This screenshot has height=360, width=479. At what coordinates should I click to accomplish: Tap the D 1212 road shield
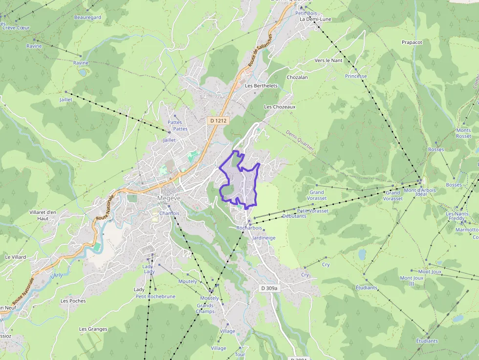pyautogui.click(x=218, y=120)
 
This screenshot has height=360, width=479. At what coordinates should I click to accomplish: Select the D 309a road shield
pyautogui.click(x=269, y=288)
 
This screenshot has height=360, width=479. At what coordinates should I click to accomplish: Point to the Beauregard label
pyautogui.click(x=87, y=18)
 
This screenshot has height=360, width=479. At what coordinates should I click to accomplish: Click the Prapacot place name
pyautogui.click(x=412, y=42)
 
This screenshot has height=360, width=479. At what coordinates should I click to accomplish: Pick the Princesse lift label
pyautogui.click(x=356, y=76)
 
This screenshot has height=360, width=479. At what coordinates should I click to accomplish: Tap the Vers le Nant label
pyautogui.click(x=328, y=61)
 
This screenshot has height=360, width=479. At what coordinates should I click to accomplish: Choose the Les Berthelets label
pyautogui.click(x=261, y=86)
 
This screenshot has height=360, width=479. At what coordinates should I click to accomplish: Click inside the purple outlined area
pyautogui.click(x=239, y=183)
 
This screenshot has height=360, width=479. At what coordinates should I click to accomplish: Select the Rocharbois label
pyautogui.click(x=249, y=228)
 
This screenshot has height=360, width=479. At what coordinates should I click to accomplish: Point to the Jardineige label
pyautogui.click(x=264, y=238)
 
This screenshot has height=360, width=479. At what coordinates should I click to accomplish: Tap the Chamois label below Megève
pyautogui.click(x=170, y=213)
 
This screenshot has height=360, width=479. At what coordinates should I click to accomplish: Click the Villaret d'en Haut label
pyautogui.click(x=43, y=215)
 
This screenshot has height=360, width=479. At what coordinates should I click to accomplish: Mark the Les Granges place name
pyautogui.click(x=93, y=329)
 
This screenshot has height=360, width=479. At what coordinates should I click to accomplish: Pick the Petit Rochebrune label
pyautogui.click(x=155, y=296)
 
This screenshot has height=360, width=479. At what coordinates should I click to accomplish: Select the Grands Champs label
pyautogui.click(x=205, y=309)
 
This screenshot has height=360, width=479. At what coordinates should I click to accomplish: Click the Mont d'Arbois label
pyautogui.click(x=419, y=191)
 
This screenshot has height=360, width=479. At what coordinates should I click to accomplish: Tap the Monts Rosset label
pyautogui.click(x=463, y=133)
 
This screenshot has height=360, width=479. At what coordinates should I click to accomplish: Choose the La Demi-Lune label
pyautogui.click(x=315, y=19)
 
